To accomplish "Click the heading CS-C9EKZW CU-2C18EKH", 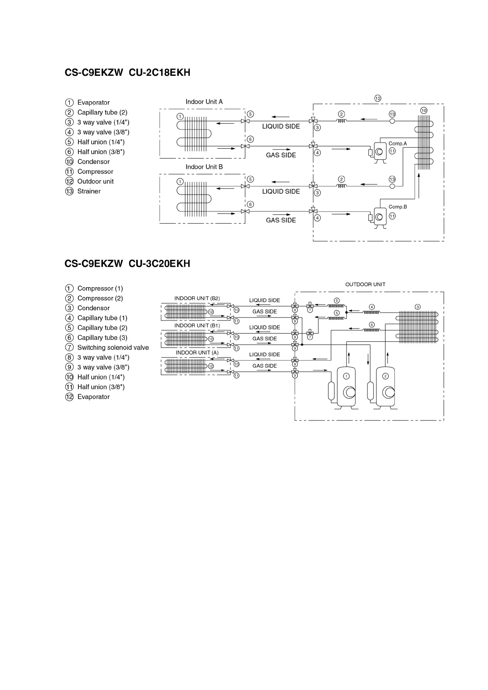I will point(127,73).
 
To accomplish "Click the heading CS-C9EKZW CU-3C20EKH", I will point(127,263).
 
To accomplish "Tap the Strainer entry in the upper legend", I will point(89,191).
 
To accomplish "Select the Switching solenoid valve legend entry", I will point(113,347).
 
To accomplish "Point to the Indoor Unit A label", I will point(204,102).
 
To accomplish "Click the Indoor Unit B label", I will point(204,167).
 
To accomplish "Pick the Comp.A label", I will point(397,143).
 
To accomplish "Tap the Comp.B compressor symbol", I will point(380,216).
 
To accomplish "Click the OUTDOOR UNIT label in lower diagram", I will point(365,284).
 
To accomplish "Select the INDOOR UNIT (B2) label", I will point(197,298).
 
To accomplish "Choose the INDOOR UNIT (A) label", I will point(197,353).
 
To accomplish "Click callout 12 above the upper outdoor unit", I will point(377,98).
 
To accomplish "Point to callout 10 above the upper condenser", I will point(424,111).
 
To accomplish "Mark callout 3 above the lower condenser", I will point(417,307).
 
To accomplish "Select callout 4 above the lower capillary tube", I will point(372,307).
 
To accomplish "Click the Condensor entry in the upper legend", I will point(93,162).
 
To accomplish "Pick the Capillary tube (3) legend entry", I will point(102,338).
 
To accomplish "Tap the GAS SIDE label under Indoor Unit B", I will point(280,220).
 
